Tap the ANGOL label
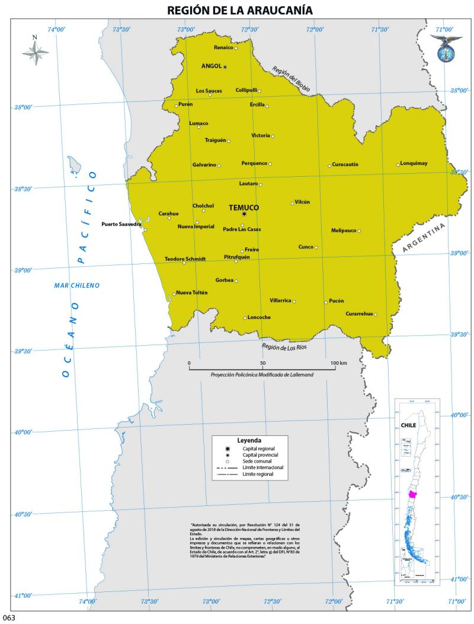tap(211, 66)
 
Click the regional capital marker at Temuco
tap(244, 214)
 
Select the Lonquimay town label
tap(414, 163)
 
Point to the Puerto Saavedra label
tap(121, 224)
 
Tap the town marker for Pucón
tap(326, 303)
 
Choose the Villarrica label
tap(280, 301)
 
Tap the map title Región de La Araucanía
tap(239, 10)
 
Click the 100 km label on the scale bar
tap(339, 362)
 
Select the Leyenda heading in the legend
tap(249, 441)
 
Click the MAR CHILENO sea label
tap(77, 285)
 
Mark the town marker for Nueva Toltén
tap(174, 294)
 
